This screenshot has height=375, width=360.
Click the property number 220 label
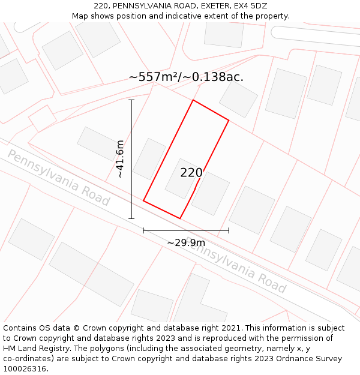coord(191,173)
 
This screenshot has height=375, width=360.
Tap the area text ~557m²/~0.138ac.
coord(186,77)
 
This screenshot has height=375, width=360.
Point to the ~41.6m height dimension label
coord(120,159)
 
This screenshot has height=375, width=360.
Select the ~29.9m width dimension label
coord(186,242)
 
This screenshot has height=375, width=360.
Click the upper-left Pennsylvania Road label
coord(58,178)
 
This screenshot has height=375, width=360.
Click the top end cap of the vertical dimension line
coord(131,100)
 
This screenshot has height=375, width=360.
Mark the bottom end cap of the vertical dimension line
coord(131,218)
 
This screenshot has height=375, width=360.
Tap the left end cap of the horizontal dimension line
coord(143,230)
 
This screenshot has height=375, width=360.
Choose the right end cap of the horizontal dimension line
coord(229,230)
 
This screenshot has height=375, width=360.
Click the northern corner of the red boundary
coord(193,100)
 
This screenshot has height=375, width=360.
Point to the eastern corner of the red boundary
coord(229,121)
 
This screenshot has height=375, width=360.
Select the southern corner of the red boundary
coord(180,218)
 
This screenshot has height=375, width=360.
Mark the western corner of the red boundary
coord(143,201)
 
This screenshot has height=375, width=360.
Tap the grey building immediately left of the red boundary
coord(149,159)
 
